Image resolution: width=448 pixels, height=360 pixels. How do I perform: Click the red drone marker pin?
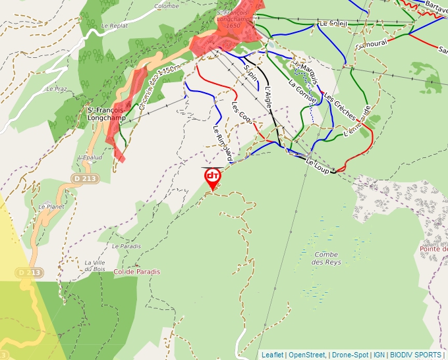click(x=212, y=178)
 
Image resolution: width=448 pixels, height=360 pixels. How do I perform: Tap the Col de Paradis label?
click(x=136, y=272)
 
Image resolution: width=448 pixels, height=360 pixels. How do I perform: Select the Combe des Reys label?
click(x=326, y=259)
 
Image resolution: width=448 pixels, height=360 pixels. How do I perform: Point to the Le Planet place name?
click(x=51, y=206)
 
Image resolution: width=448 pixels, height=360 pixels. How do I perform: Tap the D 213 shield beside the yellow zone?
click(x=30, y=272)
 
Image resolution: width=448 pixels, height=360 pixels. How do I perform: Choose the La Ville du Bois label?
click(x=95, y=265)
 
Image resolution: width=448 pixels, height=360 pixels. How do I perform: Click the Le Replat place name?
click(x=114, y=26)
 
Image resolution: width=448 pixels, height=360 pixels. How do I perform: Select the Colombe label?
click(x=166, y=6)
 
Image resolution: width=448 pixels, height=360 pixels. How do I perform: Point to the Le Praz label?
click(x=57, y=88)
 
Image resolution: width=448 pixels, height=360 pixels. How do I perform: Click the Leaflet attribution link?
click(x=272, y=355)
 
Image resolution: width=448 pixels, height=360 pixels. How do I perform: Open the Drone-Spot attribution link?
click(x=350, y=355)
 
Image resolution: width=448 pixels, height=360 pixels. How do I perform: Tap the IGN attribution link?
click(x=379, y=355)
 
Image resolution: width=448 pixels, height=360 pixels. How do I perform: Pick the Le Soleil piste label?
click(x=333, y=24)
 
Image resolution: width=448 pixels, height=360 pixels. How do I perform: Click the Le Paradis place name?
click(x=126, y=246)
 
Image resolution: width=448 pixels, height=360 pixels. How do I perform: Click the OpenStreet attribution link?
click(x=306, y=355)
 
